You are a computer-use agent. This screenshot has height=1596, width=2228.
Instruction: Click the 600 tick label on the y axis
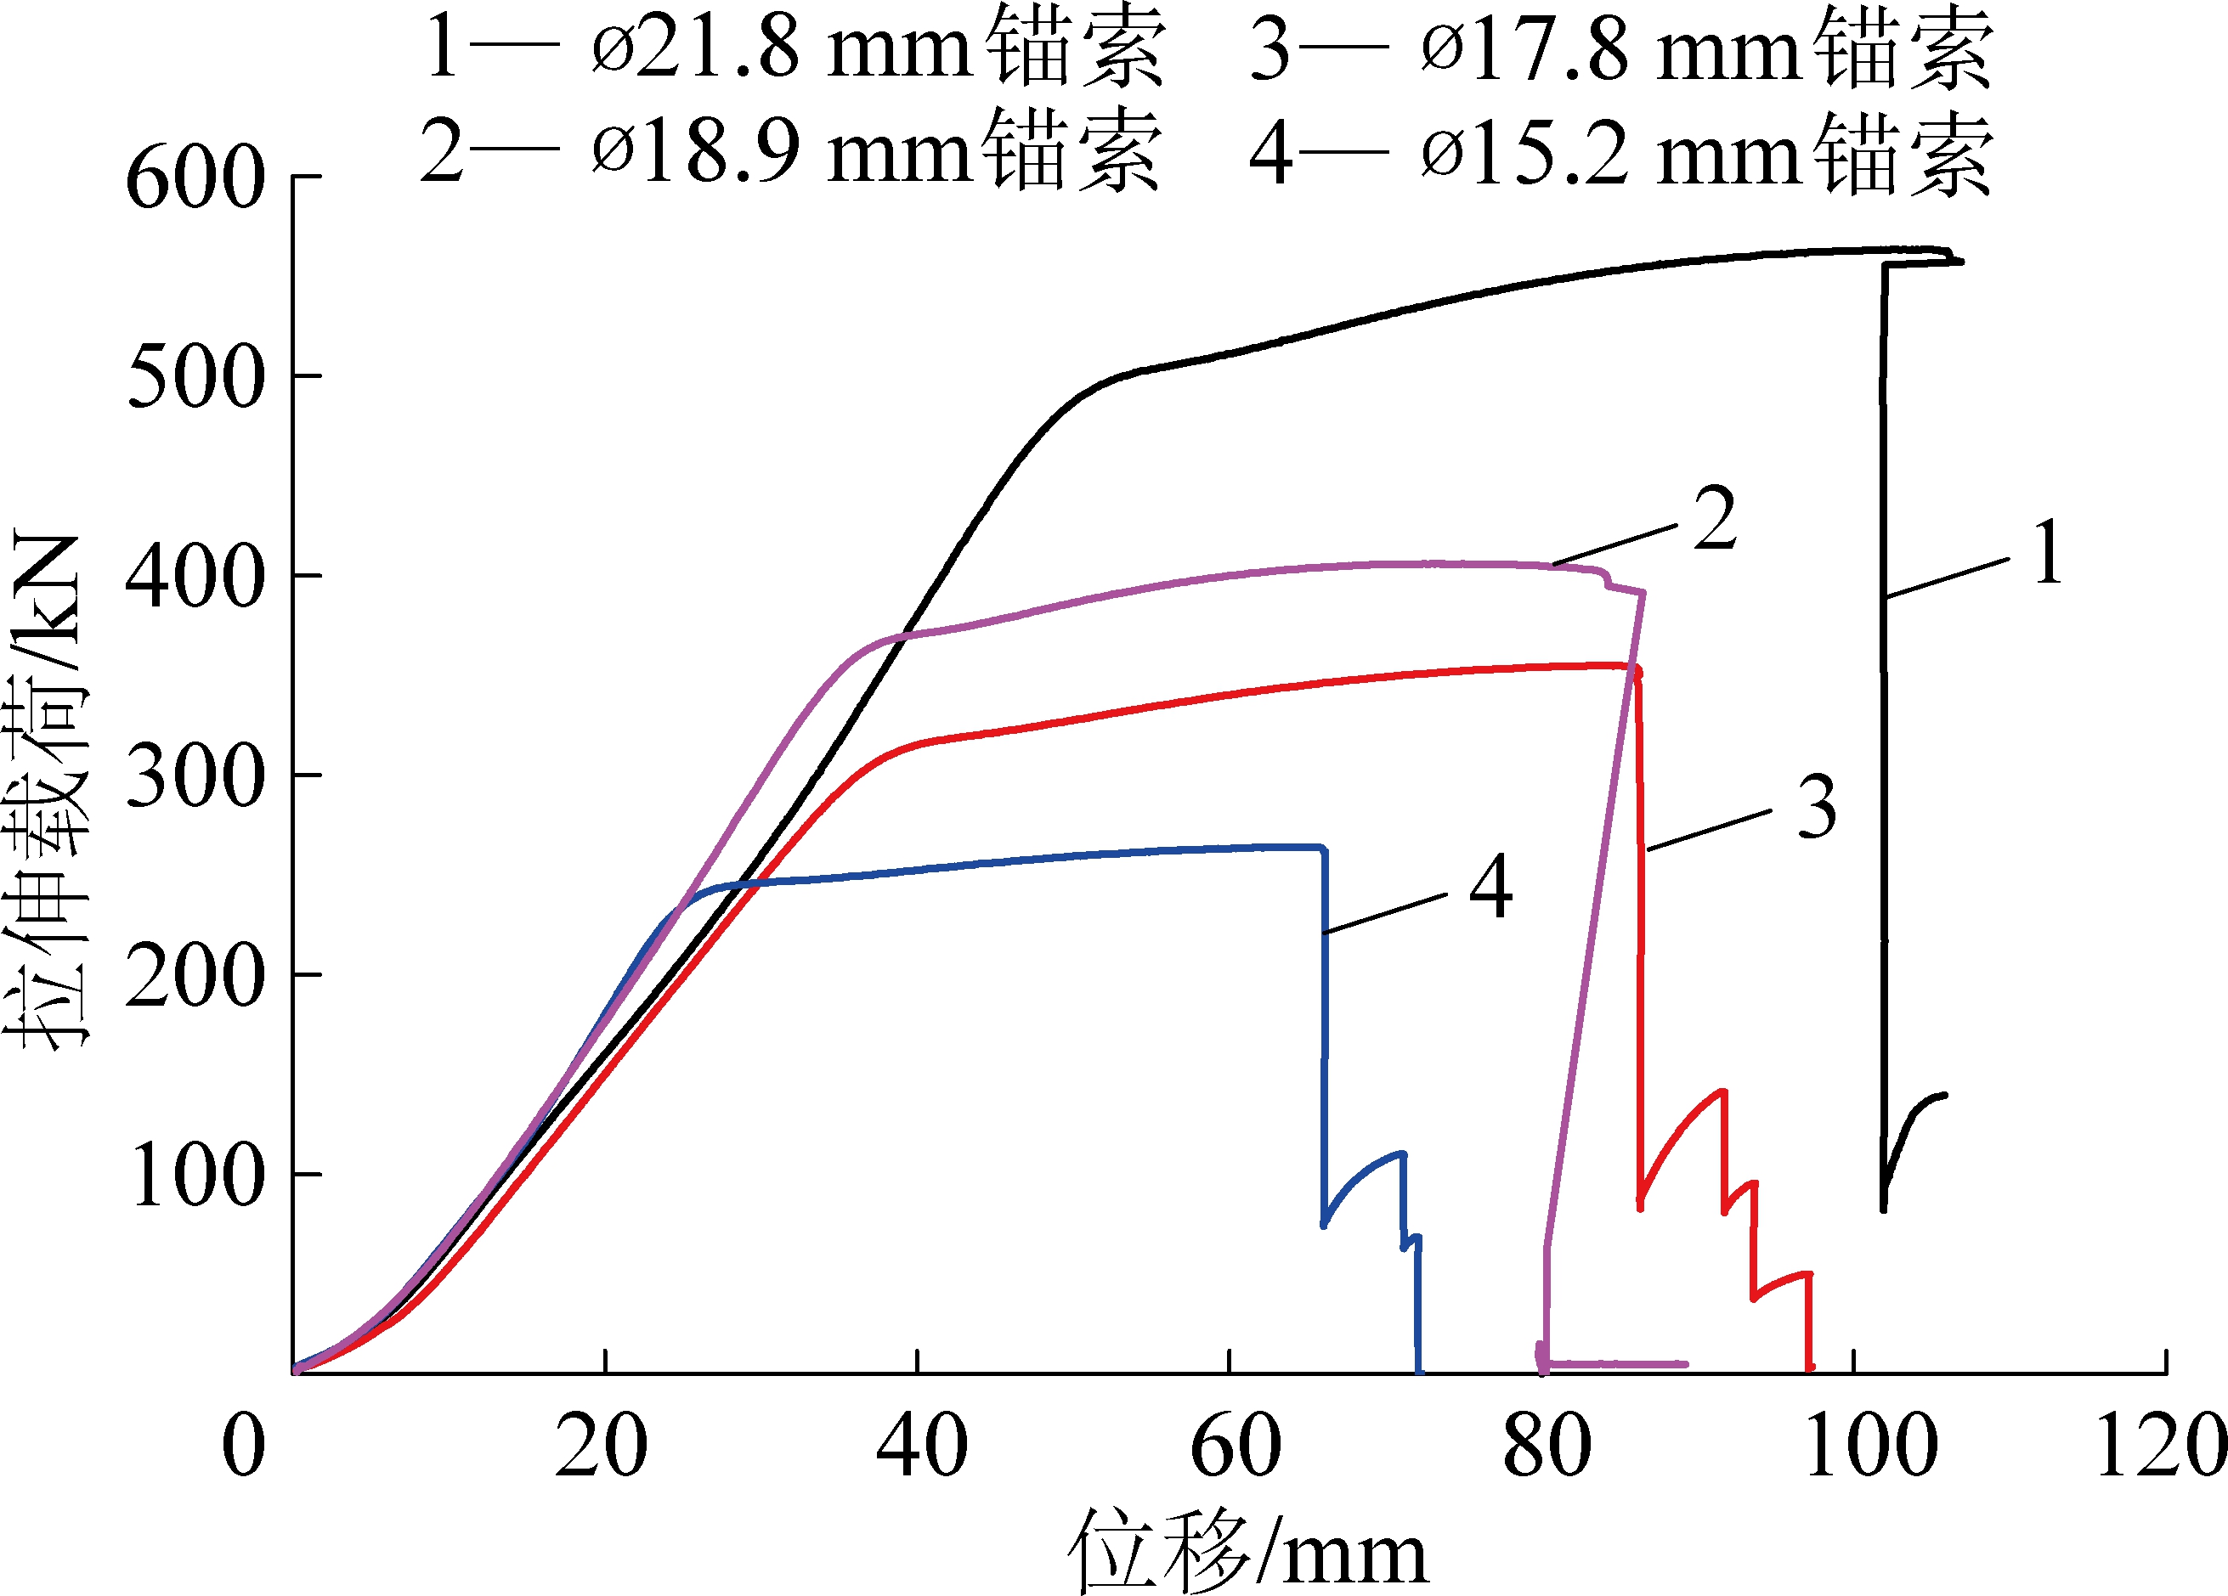[195, 178]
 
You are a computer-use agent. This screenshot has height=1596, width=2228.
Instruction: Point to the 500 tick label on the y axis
[195, 378]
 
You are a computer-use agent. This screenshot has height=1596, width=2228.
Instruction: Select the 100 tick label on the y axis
[195, 1176]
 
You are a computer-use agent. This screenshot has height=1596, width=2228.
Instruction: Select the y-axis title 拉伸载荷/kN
[46, 792]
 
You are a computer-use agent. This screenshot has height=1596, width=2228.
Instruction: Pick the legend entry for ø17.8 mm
[1621, 49]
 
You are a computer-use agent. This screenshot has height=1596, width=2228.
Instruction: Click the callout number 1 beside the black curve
[2047, 553]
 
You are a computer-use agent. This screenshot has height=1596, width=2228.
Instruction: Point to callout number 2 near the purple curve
[1716, 517]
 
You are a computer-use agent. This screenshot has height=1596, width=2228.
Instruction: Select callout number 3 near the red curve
[1817, 806]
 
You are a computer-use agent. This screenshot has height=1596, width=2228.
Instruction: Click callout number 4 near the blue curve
[1490, 887]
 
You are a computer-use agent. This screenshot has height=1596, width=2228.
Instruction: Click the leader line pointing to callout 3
[1710, 830]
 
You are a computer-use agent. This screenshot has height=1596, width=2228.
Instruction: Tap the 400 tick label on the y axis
[195, 578]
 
